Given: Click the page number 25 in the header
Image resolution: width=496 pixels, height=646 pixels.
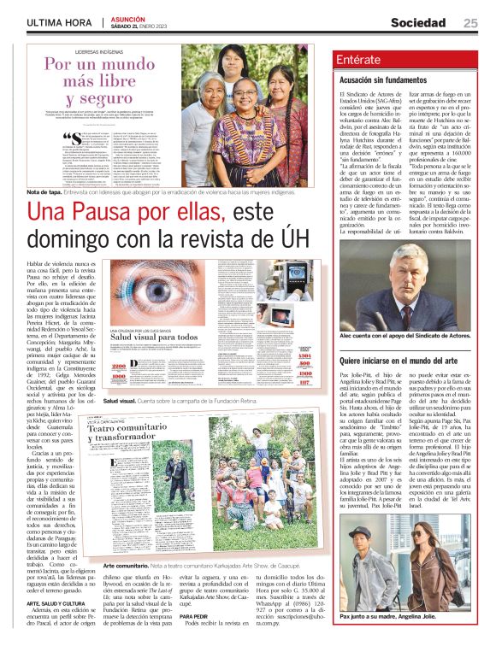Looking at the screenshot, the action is (470, 21).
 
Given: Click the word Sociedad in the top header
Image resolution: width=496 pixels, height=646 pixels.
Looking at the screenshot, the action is (418, 21).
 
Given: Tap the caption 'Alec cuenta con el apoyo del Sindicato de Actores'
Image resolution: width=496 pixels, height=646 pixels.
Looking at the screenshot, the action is (405, 336).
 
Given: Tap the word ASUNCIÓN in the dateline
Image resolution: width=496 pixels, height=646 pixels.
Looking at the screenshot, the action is (125, 17).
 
